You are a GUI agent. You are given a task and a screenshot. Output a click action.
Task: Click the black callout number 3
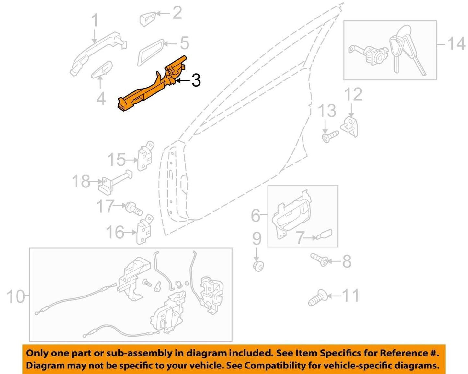pos(196,80)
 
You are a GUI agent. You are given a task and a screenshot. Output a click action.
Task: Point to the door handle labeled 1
pos(98,54)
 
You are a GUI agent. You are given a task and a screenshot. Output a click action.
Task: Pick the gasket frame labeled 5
pos(151,53)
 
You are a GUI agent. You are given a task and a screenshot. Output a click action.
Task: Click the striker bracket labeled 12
pos(349,127)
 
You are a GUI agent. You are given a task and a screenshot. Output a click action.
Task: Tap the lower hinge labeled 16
pos(145,229)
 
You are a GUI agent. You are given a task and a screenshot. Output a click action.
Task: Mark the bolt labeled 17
pos(134,209)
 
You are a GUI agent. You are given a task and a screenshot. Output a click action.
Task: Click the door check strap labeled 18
pos(115,182)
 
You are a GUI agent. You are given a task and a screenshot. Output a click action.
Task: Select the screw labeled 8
pos(319,259)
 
